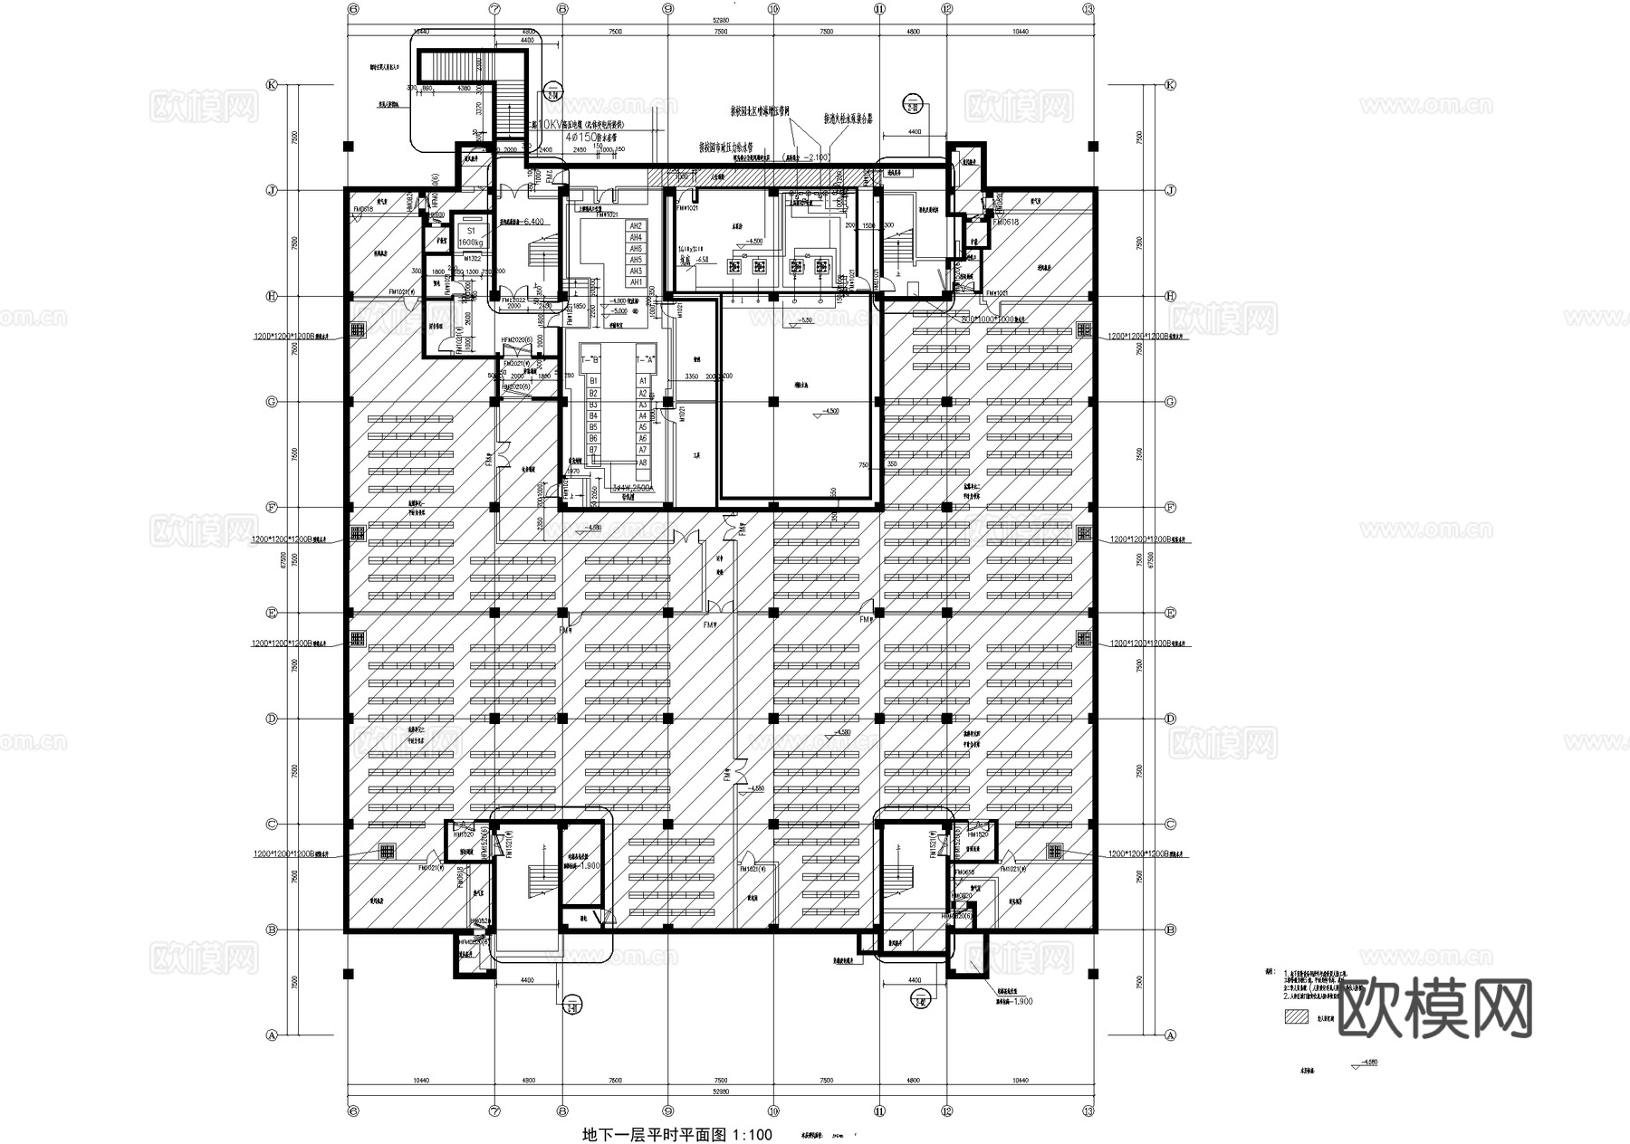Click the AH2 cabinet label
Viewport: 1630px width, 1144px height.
637,225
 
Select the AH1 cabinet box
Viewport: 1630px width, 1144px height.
637,282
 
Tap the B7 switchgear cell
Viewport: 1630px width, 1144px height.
593,450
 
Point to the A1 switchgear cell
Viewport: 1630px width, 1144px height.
643,382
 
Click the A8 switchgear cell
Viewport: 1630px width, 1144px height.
643,462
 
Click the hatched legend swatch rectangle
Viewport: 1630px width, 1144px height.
1296,1015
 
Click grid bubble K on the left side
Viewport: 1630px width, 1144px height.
270,84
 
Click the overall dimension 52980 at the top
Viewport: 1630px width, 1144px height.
721,19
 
